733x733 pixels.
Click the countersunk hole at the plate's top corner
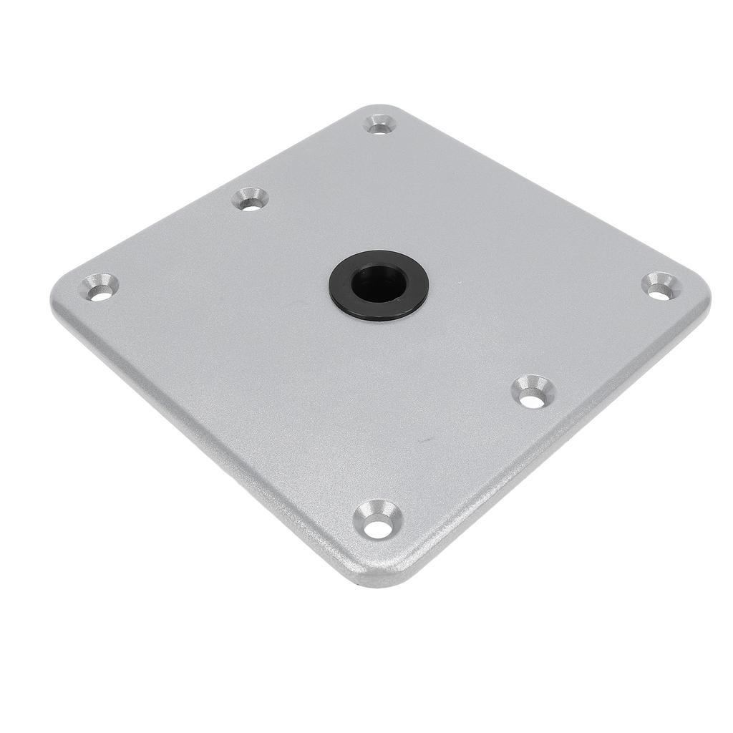(x=379, y=124)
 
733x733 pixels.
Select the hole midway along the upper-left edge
(x=251, y=198)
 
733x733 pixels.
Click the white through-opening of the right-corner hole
(x=660, y=290)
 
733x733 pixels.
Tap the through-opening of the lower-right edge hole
(x=532, y=399)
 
